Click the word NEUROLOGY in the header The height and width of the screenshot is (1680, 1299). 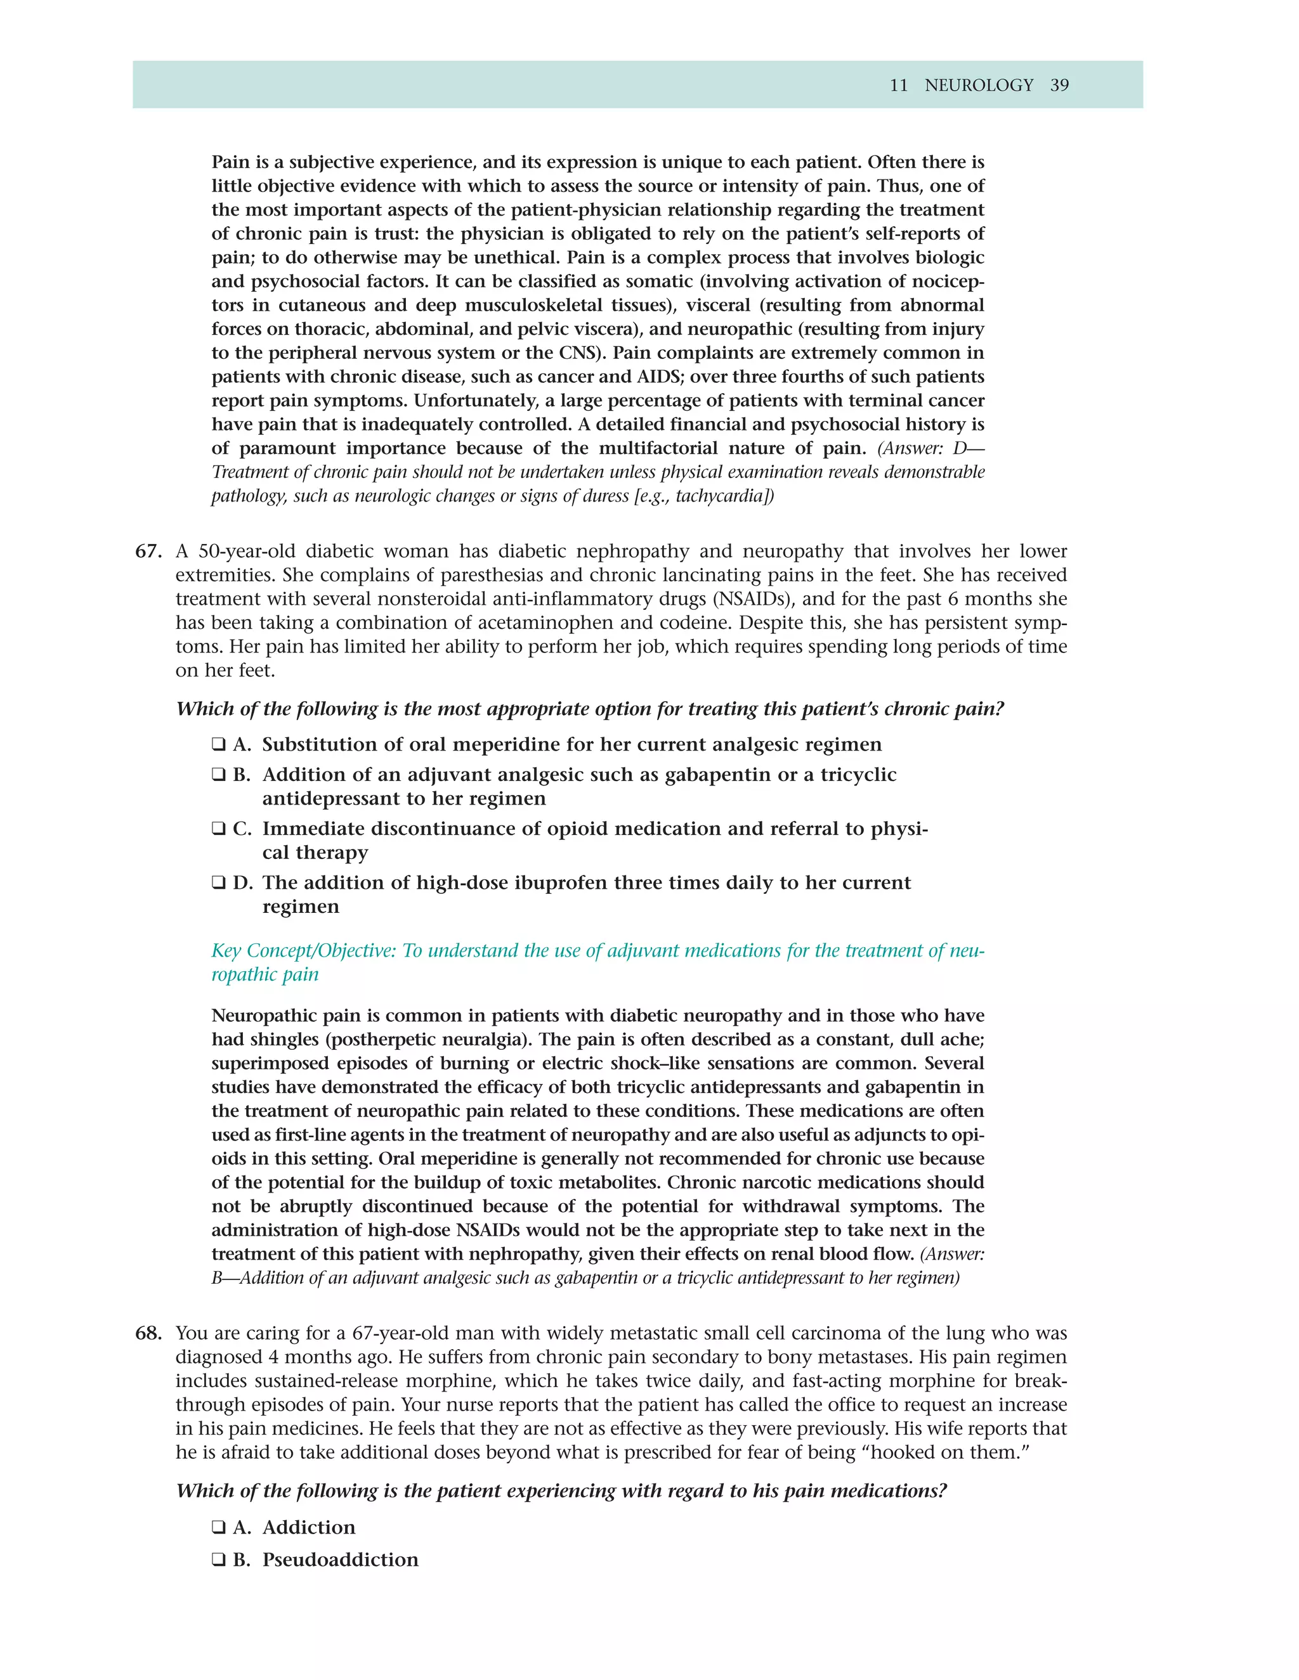point(978,86)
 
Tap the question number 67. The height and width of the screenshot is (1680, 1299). point(148,552)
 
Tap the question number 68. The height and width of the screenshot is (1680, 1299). point(148,1333)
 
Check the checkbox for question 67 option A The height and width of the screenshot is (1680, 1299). point(219,745)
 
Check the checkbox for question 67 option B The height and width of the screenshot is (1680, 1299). point(219,775)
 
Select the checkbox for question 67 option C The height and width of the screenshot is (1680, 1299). point(219,829)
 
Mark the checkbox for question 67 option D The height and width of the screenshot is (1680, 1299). point(219,882)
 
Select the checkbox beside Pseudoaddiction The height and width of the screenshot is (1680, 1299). point(219,1560)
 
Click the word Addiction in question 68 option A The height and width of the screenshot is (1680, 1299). point(309,1527)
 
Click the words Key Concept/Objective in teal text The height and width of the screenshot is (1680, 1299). point(304,951)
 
